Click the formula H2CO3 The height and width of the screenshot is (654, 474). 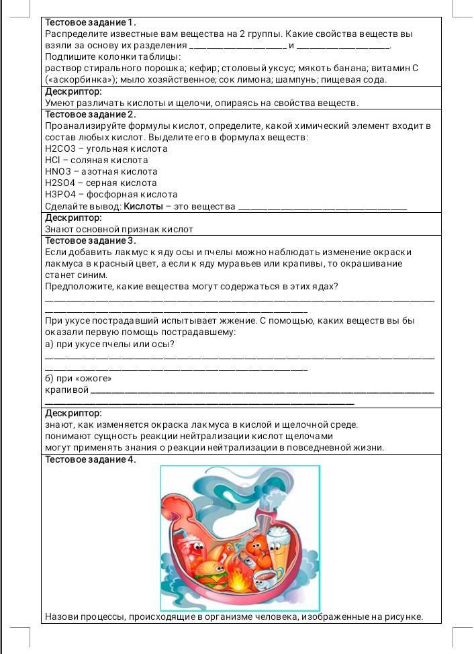60,148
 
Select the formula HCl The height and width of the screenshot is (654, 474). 53,160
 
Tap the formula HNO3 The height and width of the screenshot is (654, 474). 58,171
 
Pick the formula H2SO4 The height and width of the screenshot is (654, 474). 60,183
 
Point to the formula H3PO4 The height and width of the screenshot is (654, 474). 60,194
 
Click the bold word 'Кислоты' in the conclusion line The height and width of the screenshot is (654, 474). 143,206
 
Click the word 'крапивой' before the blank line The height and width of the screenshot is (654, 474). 66,390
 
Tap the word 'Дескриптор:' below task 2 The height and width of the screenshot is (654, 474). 73,218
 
